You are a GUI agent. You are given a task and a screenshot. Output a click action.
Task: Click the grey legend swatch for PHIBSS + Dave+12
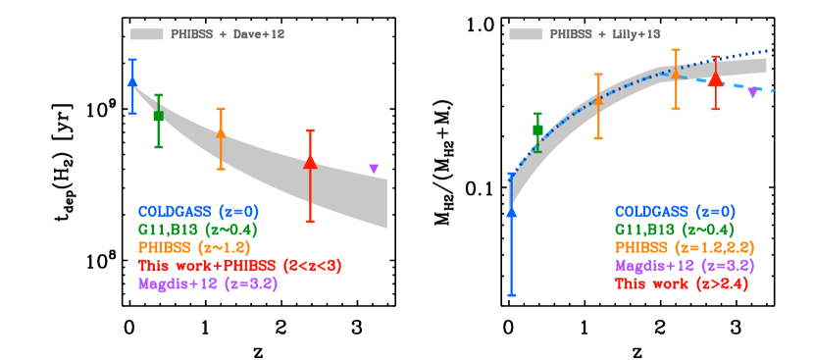click(x=146, y=34)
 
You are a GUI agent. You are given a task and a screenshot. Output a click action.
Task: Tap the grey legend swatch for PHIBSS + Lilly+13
click(x=525, y=34)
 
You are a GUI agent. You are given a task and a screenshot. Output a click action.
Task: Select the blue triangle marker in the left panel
click(x=132, y=81)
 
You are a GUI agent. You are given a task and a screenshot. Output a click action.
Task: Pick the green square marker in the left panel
click(x=158, y=116)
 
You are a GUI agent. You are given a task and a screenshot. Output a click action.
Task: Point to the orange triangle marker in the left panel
click(x=221, y=131)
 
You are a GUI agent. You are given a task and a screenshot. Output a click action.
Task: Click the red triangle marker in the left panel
click(x=310, y=162)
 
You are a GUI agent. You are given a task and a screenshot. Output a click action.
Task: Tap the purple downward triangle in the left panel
click(x=374, y=169)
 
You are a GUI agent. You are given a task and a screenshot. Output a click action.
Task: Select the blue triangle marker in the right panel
click(x=511, y=211)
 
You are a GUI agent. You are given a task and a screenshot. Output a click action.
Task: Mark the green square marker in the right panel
click(x=537, y=129)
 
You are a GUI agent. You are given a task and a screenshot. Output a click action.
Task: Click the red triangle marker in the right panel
click(x=715, y=78)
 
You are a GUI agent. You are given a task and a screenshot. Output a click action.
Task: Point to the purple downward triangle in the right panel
click(x=752, y=92)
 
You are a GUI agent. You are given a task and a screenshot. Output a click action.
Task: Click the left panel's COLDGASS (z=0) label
click(x=198, y=211)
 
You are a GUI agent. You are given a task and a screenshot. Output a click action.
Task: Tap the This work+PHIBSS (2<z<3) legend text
click(x=239, y=266)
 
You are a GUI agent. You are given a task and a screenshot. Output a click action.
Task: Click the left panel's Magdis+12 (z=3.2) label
click(x=208, y=284)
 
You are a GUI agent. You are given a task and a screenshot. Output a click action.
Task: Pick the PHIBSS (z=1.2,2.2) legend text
click(x=685, y=247)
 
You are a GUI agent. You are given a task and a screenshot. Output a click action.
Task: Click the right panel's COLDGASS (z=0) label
click(x=675, y=211)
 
